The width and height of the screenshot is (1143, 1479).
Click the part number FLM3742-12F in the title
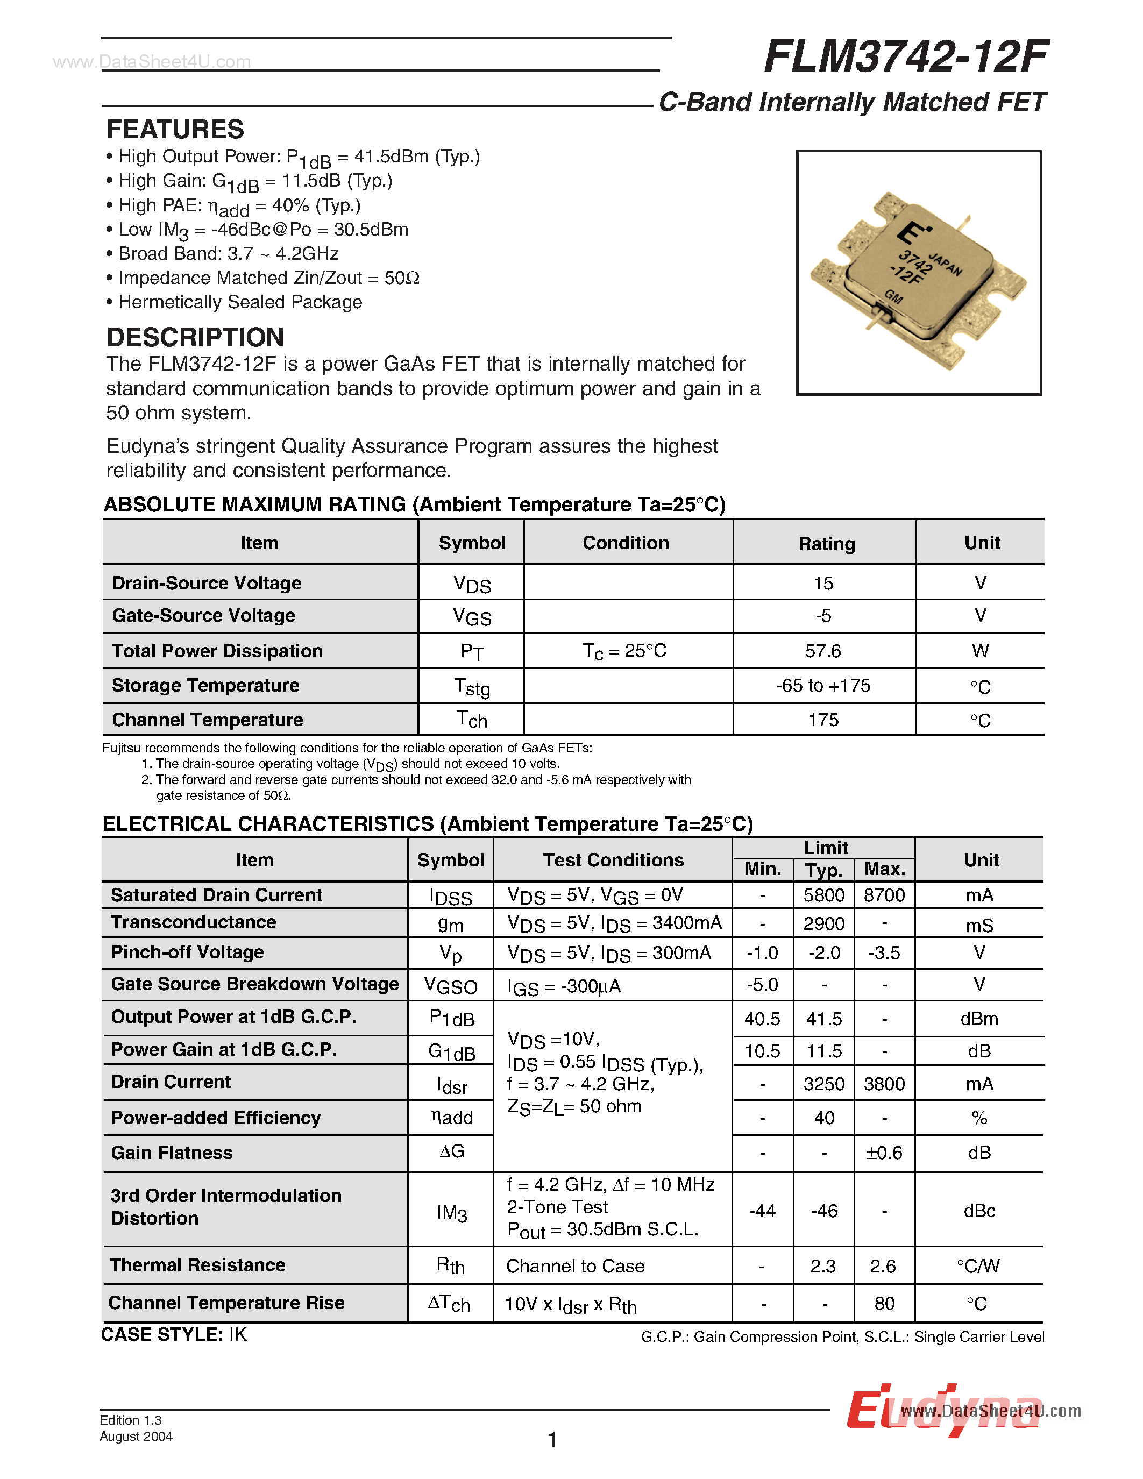tap(905, 57)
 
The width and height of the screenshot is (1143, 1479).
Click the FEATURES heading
tap(175, 129)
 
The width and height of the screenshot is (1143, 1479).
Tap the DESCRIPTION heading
tap(195, 337)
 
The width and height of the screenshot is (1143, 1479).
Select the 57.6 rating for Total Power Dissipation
tap(823, 651)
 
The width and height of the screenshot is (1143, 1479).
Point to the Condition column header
tap(626, 543)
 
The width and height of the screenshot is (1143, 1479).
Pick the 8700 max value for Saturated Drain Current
tap(884, 895)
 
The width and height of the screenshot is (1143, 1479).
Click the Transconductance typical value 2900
tap(823, 923)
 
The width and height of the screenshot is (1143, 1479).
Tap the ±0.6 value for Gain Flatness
tap(884, 1153)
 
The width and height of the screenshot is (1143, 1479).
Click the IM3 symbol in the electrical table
tap(452, 1212)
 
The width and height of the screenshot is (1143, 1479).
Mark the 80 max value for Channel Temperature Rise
tap(884, 1304)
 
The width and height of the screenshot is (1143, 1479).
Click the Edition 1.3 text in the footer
tap(131, 1420)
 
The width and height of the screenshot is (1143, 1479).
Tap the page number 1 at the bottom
tap(552, 1440)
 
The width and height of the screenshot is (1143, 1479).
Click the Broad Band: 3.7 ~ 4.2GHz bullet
tap(228, 253)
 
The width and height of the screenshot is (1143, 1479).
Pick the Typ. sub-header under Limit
tap(823, 870)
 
